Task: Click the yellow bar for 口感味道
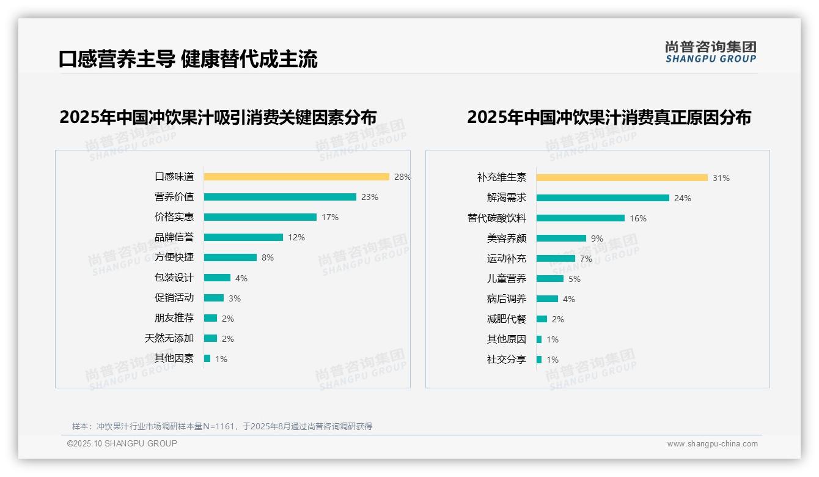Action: (x=296, y=177)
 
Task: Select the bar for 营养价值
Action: (x=280, y=197)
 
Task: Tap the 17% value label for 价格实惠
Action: (x=330, y=217)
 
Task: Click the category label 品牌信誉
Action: (x=174, y=237)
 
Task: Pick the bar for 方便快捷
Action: (x=230, y=257)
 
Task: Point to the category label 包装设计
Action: (x=174, y=278)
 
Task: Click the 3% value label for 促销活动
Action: (x=235, y=298)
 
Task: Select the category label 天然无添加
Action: (x=169, y=338)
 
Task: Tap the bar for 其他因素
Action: (x=207, y=358)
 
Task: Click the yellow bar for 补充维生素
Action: (x=622, y=178)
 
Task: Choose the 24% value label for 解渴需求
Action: (x=683, y=198)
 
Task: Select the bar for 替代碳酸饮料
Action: (x=581, y=218)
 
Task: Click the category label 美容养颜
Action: (x=507, y=239)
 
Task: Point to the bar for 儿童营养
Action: (x=550, y=279)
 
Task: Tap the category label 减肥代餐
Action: (x=507, y=319)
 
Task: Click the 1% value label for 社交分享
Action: (x=553, y=360)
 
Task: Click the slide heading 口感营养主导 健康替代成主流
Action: (x=188, y=59)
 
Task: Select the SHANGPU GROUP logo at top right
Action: (x=711, y=52)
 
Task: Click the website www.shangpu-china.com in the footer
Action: (x=712, y=444)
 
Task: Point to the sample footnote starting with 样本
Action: (x=222, y=426)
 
